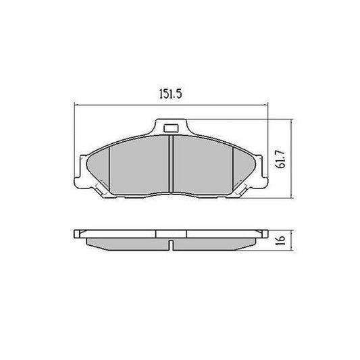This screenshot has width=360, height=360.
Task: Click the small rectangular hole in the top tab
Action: point(171,128)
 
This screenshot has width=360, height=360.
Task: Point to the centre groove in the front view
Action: point(171,165)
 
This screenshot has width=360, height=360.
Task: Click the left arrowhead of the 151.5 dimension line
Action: point(76,105)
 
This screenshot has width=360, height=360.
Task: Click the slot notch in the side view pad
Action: point(172,244)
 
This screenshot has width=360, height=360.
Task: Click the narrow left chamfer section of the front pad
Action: point(99,169)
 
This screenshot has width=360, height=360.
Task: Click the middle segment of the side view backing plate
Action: point(171,234)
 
